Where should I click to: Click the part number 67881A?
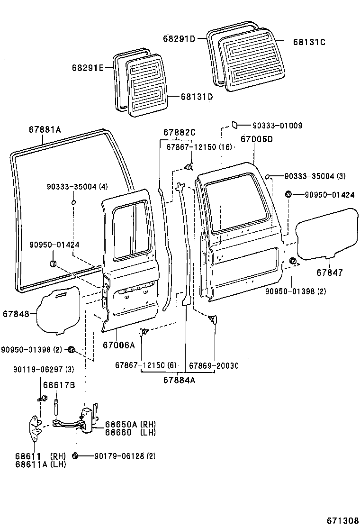pos(45,129)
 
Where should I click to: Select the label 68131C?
pos(309,42)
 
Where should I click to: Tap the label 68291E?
pos(88,68)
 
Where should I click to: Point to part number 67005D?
pos(257,139)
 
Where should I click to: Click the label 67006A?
pos(119,345)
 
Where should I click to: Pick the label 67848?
pos(16,314)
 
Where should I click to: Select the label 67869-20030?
pos(214,365)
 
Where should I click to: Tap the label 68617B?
pos(59,385)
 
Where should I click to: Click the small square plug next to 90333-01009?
pos(234,125)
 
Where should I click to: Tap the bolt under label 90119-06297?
pos(43,398)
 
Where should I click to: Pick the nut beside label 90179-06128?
pos(75,456)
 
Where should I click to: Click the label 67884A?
pos(180,379)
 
